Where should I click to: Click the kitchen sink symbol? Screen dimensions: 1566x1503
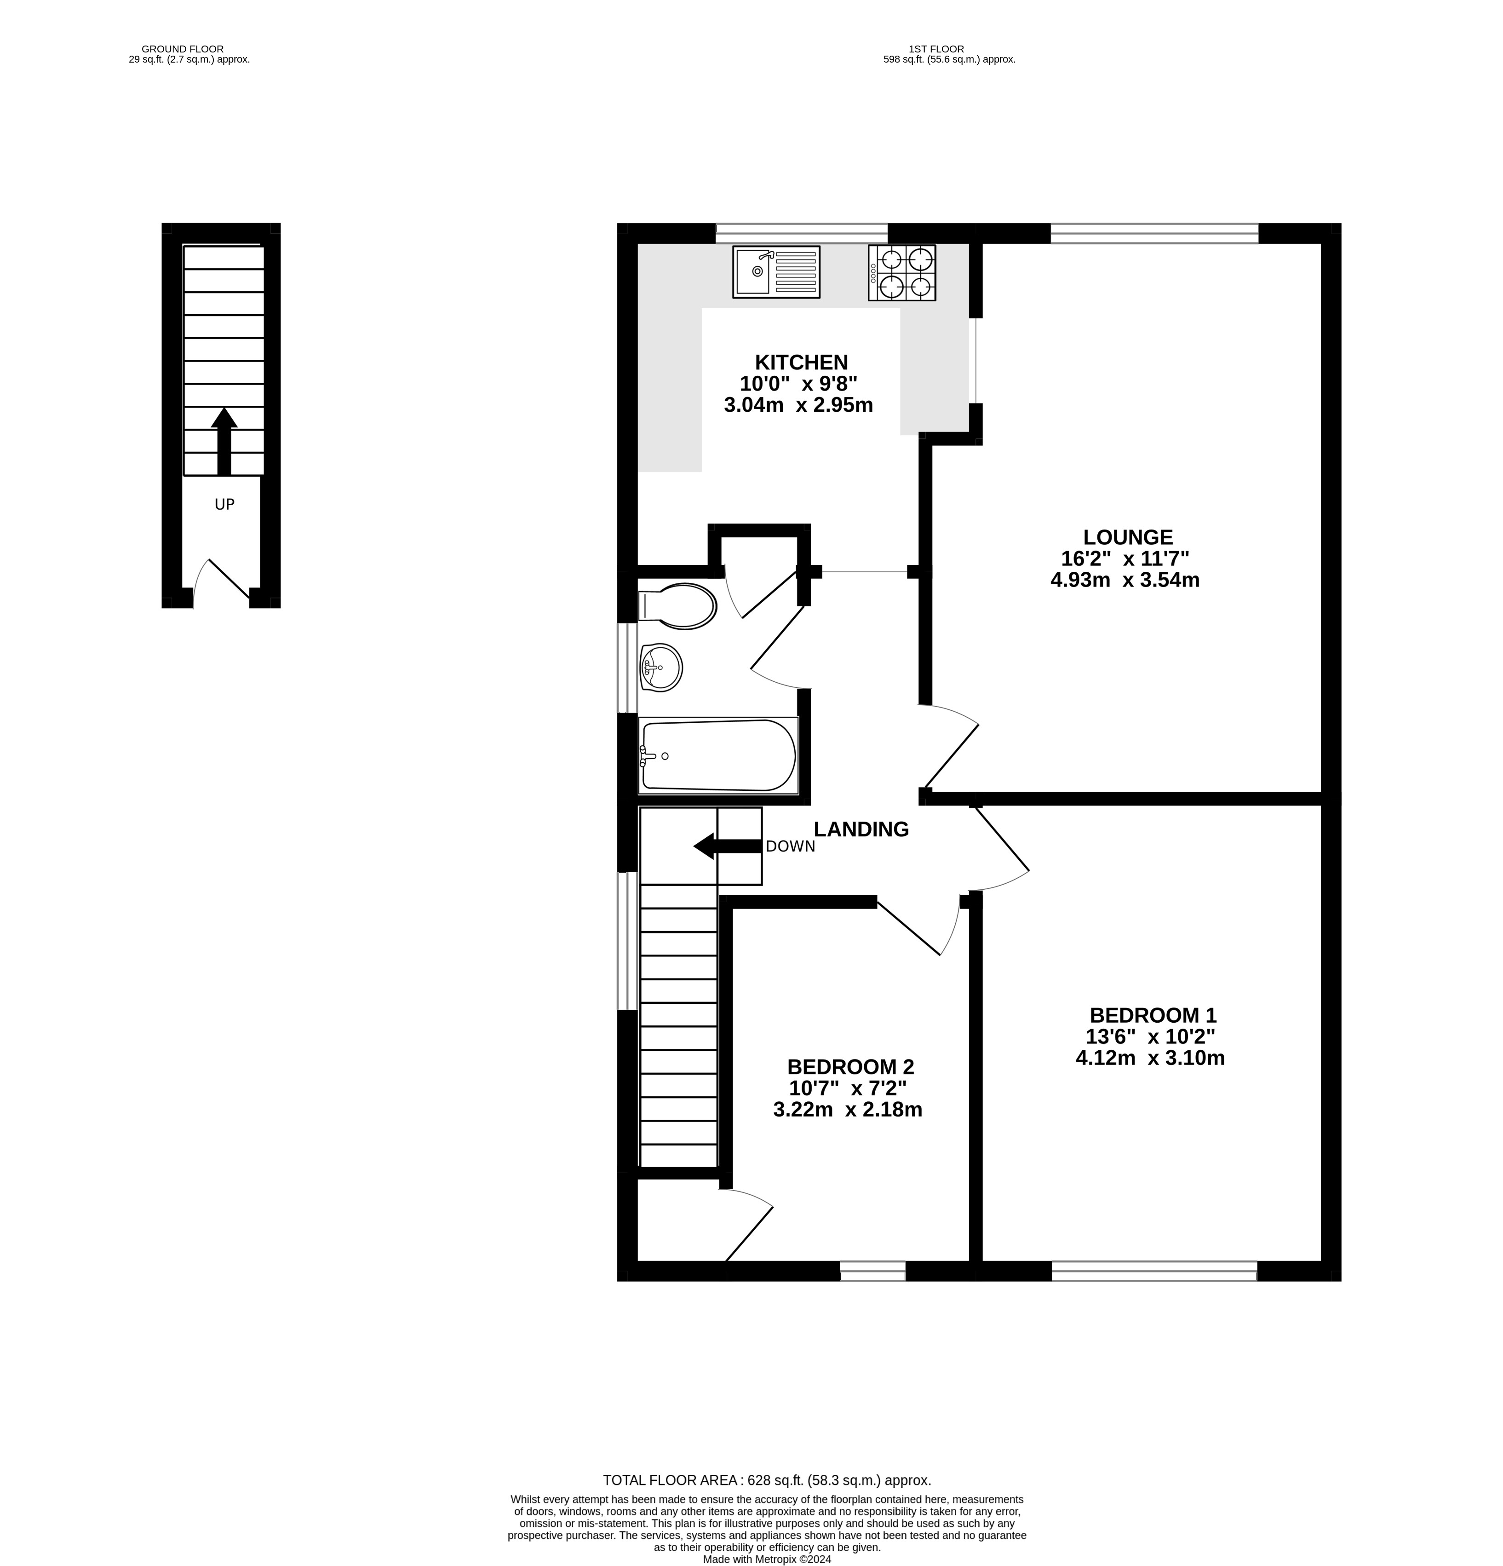tap(775, 272)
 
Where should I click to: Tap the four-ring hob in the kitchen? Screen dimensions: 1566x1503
tap(901, 272)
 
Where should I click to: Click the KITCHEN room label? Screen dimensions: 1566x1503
tap(801, 363)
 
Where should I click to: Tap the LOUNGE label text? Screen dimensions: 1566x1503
tap(1128, 537)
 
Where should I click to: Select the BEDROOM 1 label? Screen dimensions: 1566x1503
tap(1153, 1015)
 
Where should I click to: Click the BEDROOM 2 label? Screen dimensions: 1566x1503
tap(850, 1067)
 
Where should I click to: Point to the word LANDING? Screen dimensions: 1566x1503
tap(861, 829)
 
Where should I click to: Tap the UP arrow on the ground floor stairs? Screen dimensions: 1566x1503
tap(224, 441)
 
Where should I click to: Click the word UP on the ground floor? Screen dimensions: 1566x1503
tap(224, 504)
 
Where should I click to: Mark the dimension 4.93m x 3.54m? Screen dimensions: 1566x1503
tap(1124, 580)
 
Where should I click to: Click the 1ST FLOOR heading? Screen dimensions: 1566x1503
tap(936, 49)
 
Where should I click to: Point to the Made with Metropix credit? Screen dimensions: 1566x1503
tap(767, 1559)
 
